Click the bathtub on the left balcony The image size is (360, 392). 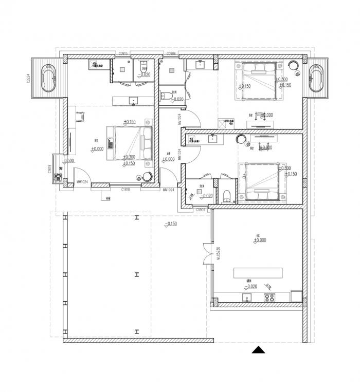pyautogui.click(x=49, y=78)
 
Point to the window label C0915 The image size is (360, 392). pyautogui.click(x=123, y=53)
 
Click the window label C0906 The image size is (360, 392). pyautogui.click(x=171, y=53)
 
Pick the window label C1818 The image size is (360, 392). pyautogui.click(x=125, y=190)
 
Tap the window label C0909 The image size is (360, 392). pyautogui.click(x=201, y=210)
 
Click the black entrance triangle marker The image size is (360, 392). pyautogui.click(x=259, y=350)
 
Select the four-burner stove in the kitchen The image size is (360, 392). pyautogui.click(x=269, y=297)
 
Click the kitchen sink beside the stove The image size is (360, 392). pyautogui.click(x=246, y=297)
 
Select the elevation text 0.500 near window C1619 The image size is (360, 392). pyautogui.click(x=69, y=160)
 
